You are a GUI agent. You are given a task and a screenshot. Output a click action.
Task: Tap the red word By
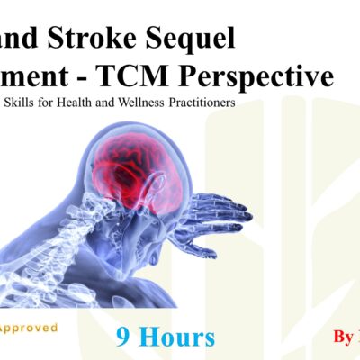pos(346,337)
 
